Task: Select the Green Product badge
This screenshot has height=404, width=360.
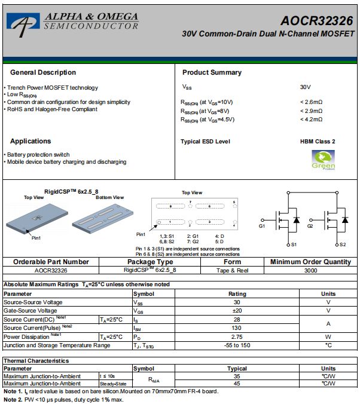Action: click(323, 159)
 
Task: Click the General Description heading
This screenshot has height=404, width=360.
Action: click(43, 72)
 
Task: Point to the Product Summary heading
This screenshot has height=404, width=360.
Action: click(212, 72)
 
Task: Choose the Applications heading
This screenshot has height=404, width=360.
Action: click(30, 141)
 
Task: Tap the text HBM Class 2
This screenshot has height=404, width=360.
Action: click(318, 142)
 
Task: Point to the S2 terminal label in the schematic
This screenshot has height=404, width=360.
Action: click(342, 245)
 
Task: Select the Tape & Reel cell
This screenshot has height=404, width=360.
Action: click(232, 270)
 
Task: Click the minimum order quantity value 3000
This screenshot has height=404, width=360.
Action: click(310, 270)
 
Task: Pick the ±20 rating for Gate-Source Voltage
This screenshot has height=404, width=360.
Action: click(237, 311)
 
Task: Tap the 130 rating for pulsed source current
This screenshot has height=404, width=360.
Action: click(237, 328)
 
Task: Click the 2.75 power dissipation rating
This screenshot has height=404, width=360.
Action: click(237, 337)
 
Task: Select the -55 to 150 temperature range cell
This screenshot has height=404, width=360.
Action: click(237, 345)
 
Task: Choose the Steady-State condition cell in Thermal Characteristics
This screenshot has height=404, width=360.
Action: click(112, 384)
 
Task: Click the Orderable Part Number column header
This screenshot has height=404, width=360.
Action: click(51, 262)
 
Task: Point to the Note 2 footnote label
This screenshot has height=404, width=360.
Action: click(13, 399)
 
